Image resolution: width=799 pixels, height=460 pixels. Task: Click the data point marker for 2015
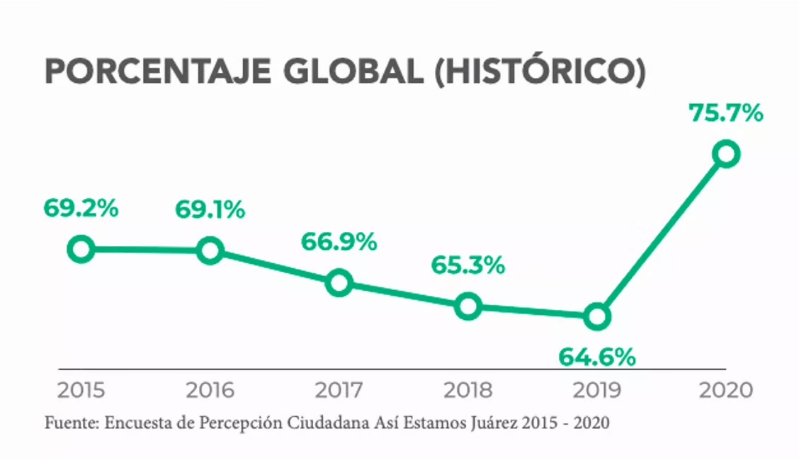click(81, 249)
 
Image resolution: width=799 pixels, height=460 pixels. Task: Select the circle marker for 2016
click(210, 251)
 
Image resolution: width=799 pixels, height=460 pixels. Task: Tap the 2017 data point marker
click(339, 283)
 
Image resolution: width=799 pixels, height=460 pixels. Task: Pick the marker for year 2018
click(468, 306)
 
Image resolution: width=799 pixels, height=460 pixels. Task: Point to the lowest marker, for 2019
click(597, 317)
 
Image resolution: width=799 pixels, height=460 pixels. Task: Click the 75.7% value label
click(725, 113)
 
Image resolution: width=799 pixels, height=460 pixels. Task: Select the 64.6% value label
click(597, 357)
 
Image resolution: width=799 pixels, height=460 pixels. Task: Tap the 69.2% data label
click(81, 209)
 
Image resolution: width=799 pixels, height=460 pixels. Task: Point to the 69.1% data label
click(210, 210)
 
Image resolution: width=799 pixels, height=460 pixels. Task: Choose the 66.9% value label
click(339, 243)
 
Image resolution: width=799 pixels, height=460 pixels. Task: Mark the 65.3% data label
click(468, 266)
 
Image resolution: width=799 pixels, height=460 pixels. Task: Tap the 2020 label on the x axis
click(725, 391)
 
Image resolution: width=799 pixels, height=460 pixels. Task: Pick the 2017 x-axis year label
click(339, 391)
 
